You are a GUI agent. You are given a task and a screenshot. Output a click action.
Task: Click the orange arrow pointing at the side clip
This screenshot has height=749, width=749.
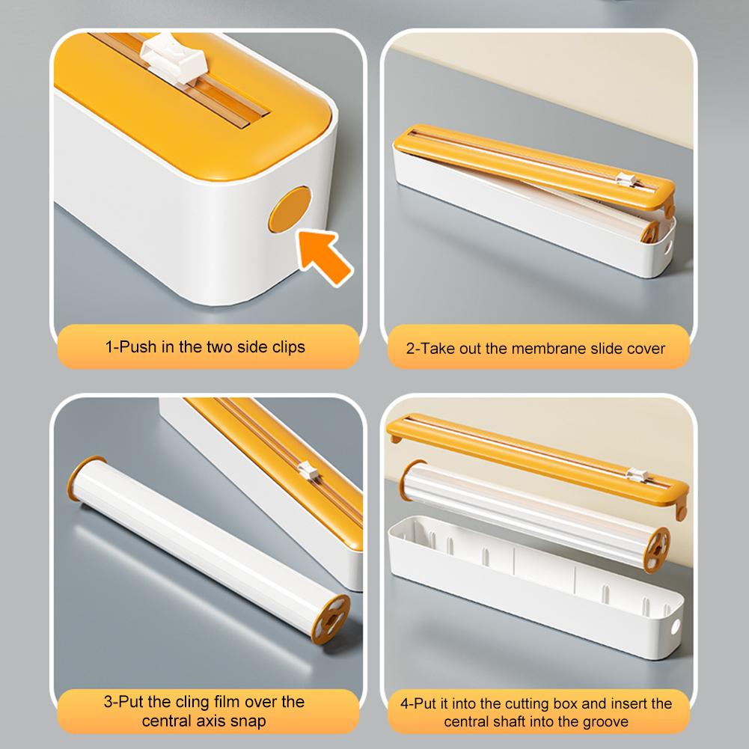(326, 256)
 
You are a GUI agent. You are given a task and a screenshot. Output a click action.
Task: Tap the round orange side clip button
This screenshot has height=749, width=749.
(291, 210)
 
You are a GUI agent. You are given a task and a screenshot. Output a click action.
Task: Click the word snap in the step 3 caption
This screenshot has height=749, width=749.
(251, 721)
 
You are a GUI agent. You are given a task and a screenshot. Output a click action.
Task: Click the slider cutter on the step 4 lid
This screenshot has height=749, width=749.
(638, 474)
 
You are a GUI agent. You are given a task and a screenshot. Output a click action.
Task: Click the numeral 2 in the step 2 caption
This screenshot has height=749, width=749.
(410, 348)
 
